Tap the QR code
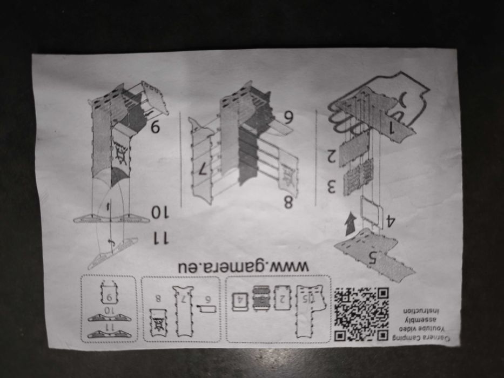[361, 313]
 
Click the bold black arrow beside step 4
[350, 224]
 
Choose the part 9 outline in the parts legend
[111, 295]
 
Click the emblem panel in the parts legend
[158, 323]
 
